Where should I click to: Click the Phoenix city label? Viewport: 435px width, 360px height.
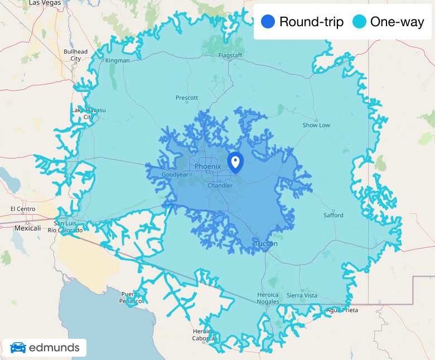[x=208, y=167]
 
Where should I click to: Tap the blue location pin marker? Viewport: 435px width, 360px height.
[x=235, y=162]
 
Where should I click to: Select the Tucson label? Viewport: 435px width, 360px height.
[x=267, y=244]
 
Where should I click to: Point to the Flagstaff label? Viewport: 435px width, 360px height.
[x=230, y=56]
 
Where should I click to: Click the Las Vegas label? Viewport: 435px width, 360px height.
[x=44, y=3]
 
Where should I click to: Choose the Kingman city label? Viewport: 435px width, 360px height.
[x=118, y=60]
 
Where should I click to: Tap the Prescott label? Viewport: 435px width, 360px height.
[x=187, y=98]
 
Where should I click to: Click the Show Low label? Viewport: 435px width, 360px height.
[x=316, y=125]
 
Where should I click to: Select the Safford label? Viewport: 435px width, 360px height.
[x=333, y=215]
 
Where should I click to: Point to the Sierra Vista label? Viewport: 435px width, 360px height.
[x=302, y=295]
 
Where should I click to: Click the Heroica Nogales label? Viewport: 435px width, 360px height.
[x=268, y=298]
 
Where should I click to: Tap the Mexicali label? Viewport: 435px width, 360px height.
[x=27, y=228]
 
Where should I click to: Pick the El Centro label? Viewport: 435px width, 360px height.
[x=23, y=209]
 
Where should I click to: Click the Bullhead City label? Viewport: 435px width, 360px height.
[x=75, y=55]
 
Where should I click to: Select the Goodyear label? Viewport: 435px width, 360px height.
[x=171, y=174]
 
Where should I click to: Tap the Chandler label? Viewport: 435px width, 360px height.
[x=220, y=186]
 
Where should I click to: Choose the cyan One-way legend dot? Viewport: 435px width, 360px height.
[x=359, y=22]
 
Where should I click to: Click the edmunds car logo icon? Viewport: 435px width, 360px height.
[x=18, y=348]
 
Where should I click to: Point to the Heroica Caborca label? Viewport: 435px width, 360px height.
[x=203, y=334]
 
